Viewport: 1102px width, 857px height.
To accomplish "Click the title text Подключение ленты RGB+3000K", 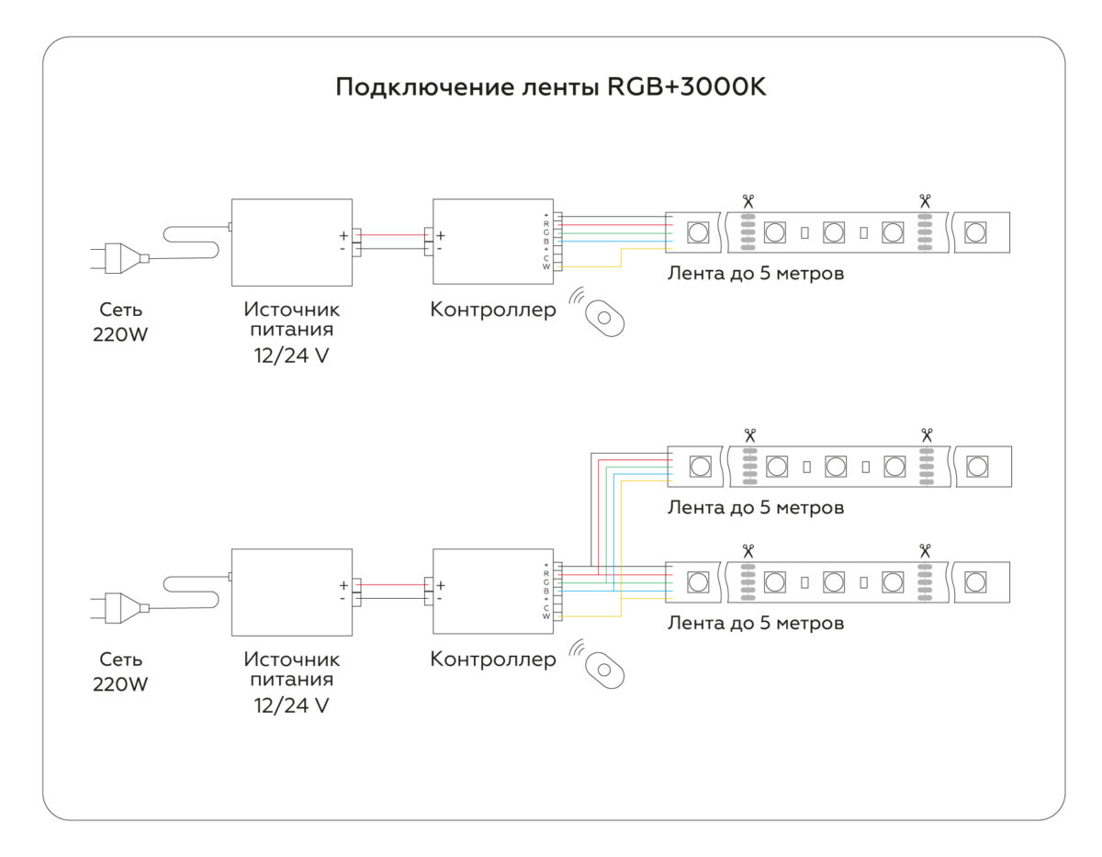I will [550, 88].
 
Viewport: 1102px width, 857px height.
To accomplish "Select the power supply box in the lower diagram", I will [292, 592].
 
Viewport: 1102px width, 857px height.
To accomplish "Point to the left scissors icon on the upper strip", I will [748, 200].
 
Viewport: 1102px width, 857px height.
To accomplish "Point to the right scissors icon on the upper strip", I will [924, 200].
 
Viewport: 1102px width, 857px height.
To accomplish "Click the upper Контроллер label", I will [493, 310].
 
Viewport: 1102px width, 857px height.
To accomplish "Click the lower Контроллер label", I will [493, 660].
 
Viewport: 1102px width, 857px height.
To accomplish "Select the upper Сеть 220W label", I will [120, 322].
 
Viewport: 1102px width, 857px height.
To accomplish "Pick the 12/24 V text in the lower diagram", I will [291, 705].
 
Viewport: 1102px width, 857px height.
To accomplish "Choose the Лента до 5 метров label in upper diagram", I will [755, 274].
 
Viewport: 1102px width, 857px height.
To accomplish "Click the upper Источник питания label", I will [291, 320].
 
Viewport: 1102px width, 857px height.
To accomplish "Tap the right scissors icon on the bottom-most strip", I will [924, 550].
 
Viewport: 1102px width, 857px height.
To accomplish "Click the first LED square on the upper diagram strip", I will [698, 231].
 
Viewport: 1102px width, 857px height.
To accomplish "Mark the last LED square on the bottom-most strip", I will [975, 581].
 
